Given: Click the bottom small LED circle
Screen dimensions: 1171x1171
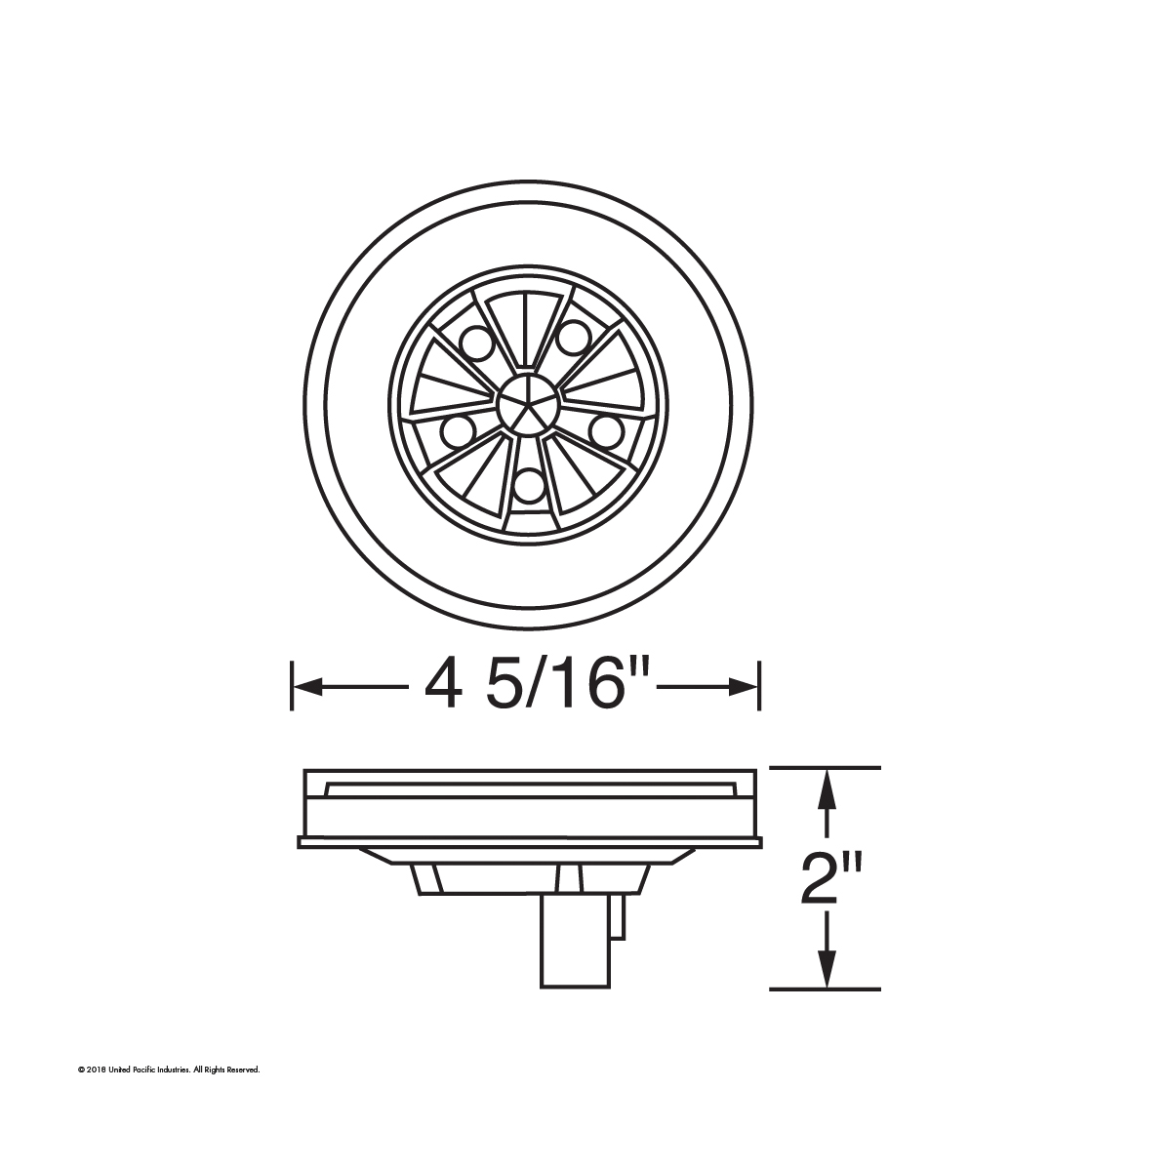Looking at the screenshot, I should click(x=528, y=485).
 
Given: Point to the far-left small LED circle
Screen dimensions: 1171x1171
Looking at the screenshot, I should click(x=456, y=429).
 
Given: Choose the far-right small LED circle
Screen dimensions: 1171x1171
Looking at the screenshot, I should click(x=605, y=429).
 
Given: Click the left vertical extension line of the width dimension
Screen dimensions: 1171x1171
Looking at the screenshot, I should click(x=293, y=686).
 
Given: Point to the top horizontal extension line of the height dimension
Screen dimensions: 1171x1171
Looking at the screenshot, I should click(x=826, y=768).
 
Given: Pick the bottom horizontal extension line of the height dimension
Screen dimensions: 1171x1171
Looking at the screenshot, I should click(x=826, y=989).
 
